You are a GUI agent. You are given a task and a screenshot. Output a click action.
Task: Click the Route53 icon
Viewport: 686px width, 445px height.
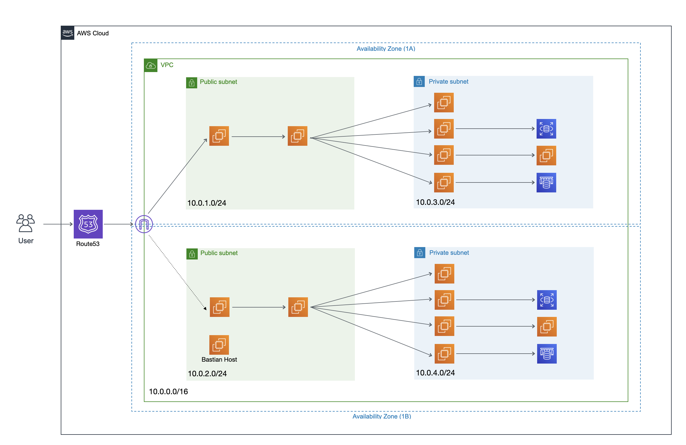[88, 224]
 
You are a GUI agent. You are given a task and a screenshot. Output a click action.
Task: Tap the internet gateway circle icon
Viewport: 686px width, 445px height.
[144, 224]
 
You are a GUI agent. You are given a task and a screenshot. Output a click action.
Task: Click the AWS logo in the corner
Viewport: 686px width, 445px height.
[67, 33]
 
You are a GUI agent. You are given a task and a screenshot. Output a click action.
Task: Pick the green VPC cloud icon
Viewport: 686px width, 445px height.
[151, 65]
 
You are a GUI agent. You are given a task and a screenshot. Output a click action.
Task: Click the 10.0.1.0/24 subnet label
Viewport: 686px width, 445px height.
[206, 203]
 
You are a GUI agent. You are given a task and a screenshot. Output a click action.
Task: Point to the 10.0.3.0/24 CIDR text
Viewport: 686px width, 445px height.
[435, 202]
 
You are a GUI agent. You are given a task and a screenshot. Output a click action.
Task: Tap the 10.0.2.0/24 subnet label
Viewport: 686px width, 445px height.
[207, 373]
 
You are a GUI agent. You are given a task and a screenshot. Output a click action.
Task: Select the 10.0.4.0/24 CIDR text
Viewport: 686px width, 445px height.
[435, 372]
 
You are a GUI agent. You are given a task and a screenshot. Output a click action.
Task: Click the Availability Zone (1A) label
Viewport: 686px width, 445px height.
[386, 49]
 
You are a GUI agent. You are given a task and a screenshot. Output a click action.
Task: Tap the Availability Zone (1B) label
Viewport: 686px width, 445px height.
[381, 416]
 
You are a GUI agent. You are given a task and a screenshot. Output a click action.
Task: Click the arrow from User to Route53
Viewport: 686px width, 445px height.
[58, 224]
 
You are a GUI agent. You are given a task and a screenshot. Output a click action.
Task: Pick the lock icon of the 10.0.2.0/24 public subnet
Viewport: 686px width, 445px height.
[192, 254]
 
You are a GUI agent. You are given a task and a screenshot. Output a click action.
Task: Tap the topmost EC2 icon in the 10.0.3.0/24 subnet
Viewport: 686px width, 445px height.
[444, 102]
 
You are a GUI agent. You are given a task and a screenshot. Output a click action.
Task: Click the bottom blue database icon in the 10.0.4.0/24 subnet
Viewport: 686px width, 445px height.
[547, 353]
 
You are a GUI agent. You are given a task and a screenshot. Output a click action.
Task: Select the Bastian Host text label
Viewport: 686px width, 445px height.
[219, 359]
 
